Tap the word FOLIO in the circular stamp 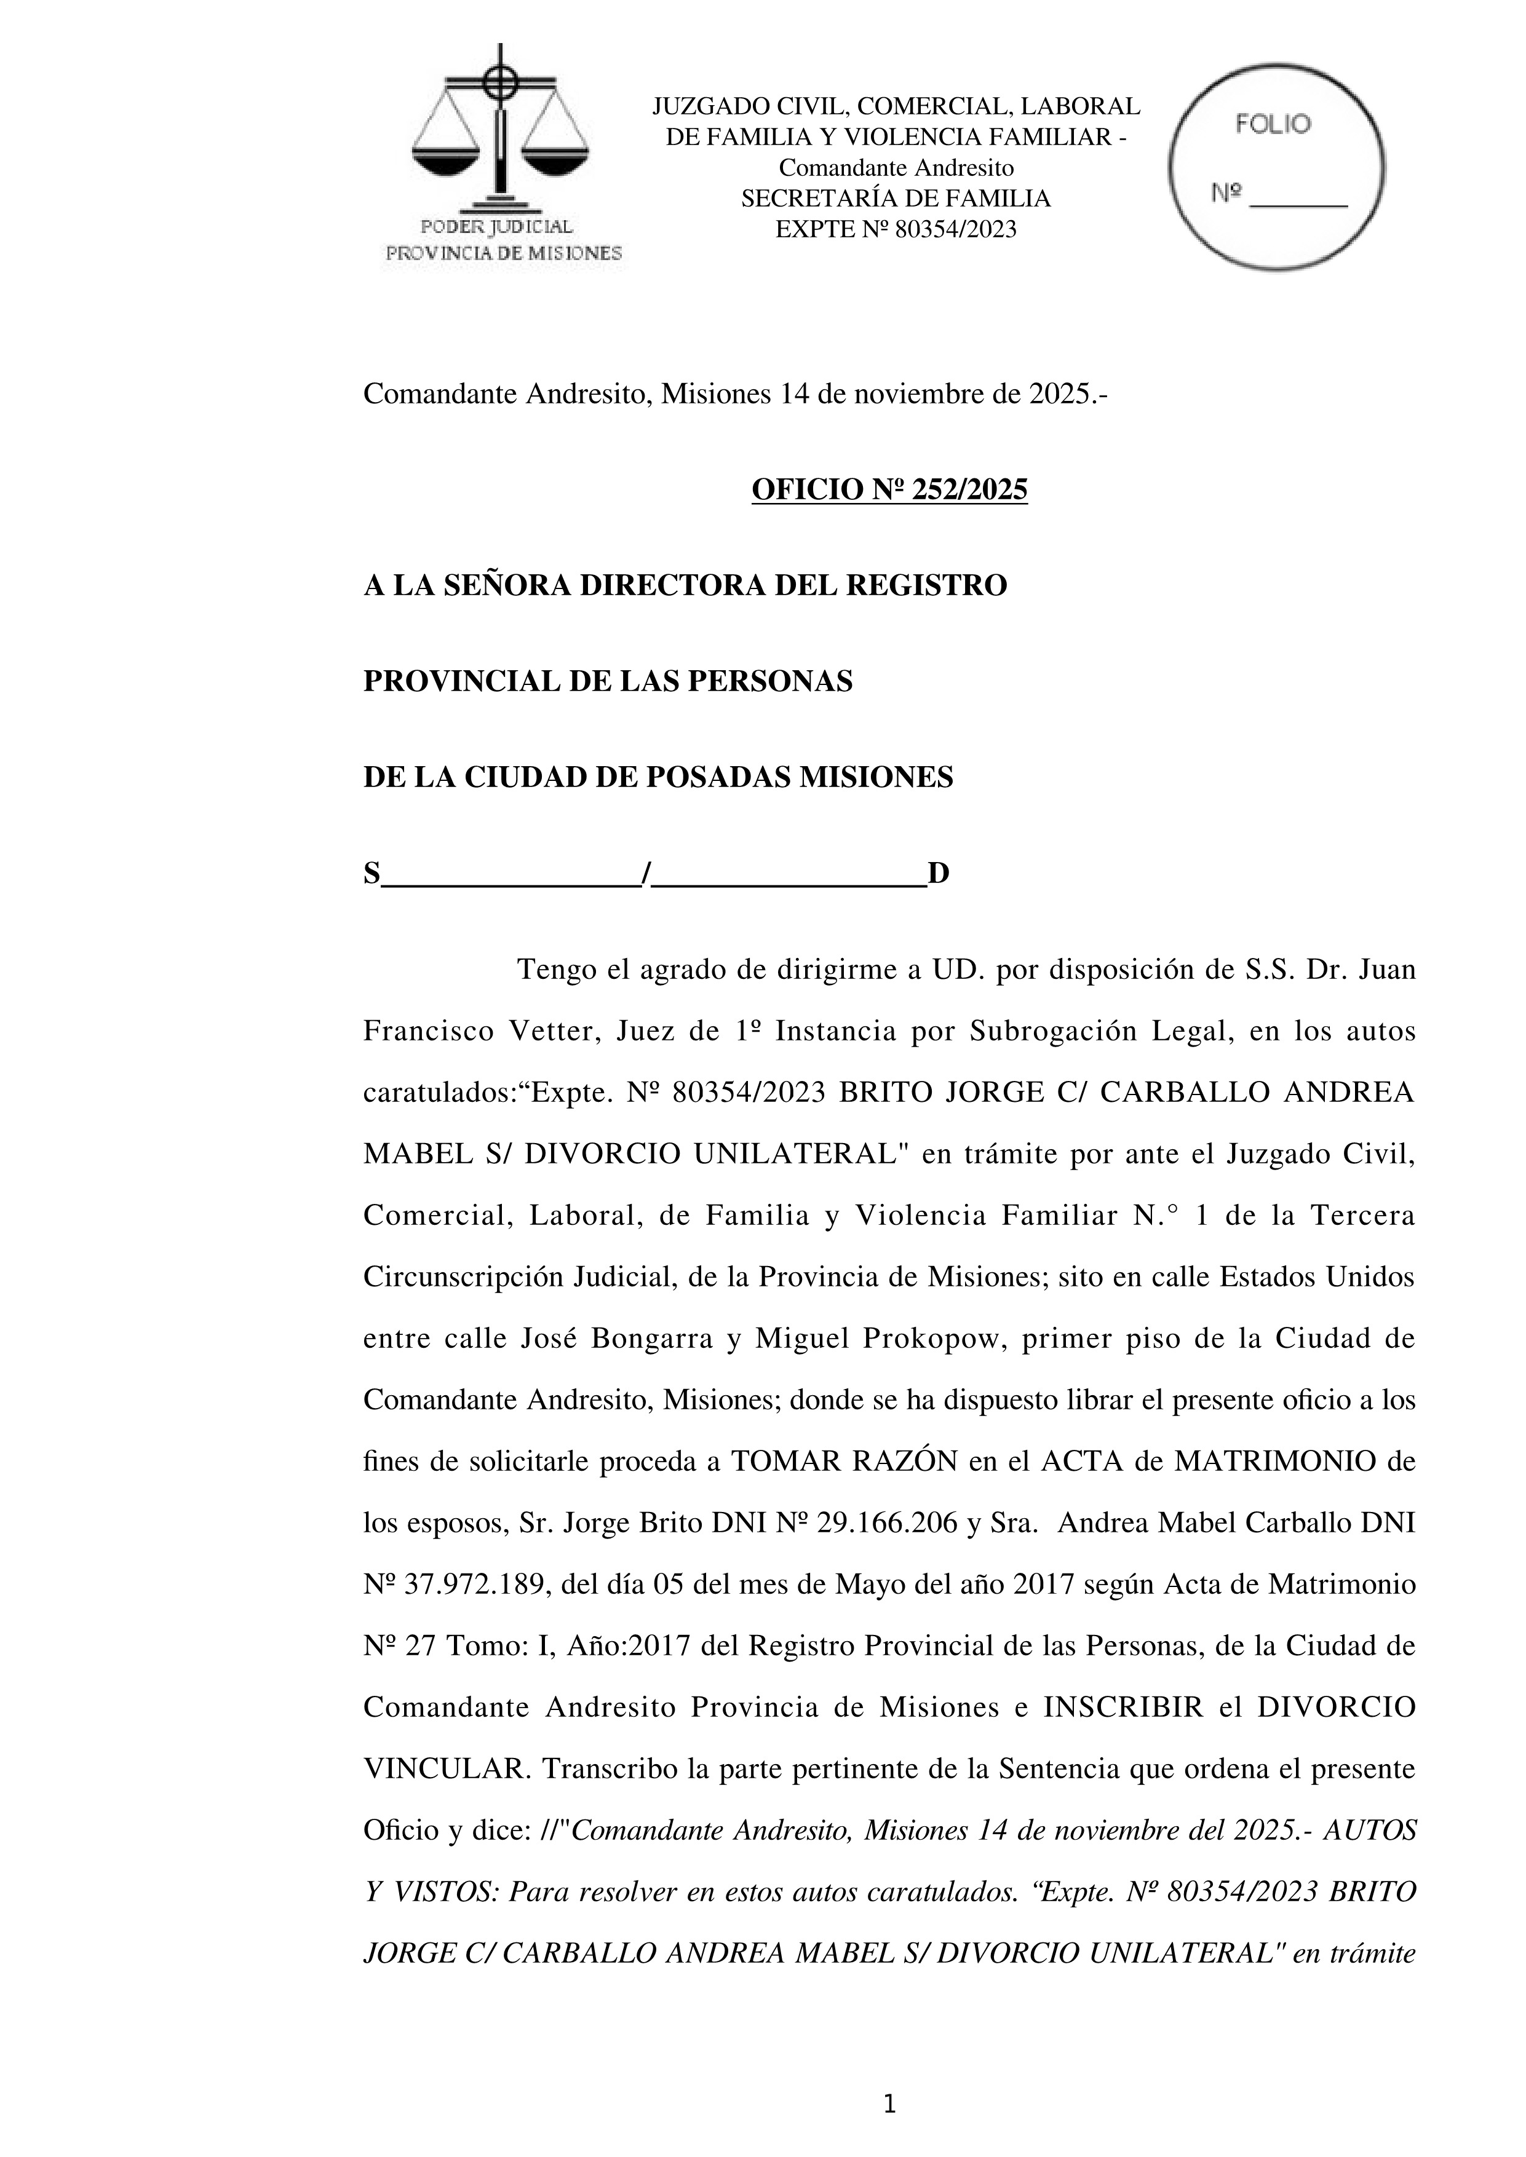point(1273,124)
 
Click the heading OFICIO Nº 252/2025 point(889,489)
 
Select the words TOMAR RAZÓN point(844,1462)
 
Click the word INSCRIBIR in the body point(1123,1707)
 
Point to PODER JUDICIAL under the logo point(496,226)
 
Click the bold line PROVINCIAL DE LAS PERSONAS point(608,681)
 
